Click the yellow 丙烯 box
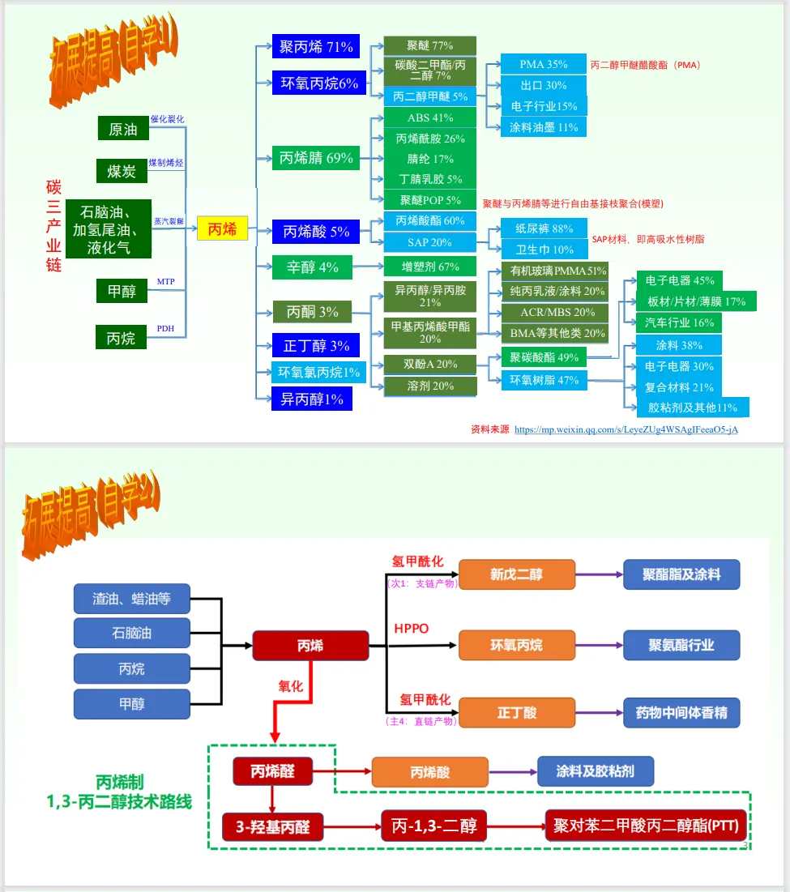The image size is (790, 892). point(222,229)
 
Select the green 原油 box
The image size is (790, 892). point(123,129)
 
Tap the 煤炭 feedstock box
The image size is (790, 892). point(122,171)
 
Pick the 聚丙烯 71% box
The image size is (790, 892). point(316,47)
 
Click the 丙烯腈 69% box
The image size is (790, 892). point(316,158)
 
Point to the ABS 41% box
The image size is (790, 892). point(430,118)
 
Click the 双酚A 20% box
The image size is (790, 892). point(430,365)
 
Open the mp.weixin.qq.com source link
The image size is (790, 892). point(626,429)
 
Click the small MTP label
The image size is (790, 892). point(165,282)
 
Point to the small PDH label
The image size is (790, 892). point(165,328)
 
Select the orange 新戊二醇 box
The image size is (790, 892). point(516,574)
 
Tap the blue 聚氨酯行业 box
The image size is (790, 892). point(681,645)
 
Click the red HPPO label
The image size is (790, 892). point(411,629)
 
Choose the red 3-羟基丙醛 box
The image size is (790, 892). point(273,827)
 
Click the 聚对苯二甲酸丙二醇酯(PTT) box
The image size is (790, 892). point(646,826)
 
